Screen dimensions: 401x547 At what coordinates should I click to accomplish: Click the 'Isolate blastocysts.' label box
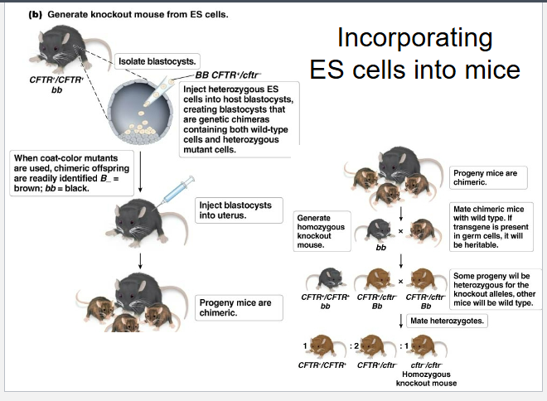click(x=157, y=61)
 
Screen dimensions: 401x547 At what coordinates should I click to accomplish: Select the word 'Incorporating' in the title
click(x=414, y=38)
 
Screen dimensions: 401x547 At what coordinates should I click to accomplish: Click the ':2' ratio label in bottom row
click(x=352, y=345)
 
